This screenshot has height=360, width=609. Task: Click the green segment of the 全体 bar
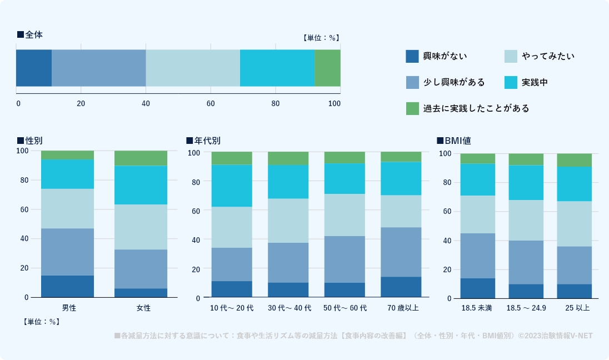[x=327, y=68]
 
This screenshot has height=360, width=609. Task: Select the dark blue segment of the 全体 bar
[x=33, y=68]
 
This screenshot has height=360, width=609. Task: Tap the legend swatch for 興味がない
[x=412, y=56]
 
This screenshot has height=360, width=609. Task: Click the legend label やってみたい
[x=548, y=56]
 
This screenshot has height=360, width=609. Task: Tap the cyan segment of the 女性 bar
[x=141, y=185]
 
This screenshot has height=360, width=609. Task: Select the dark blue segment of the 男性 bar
[x=67, y=286]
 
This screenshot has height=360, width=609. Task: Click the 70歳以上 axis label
[x=401, y=307]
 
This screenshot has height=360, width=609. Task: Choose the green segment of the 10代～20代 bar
[x=232, y=158]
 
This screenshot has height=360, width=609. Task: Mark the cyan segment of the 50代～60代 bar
[x=345, y=178]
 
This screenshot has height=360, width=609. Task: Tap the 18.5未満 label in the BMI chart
[x=477, y=307]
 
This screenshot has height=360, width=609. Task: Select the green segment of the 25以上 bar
[x=574, y=160]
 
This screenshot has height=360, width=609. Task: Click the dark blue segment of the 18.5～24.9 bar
[x=526, y=291]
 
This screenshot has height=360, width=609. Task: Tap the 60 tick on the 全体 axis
[x=211, y=103]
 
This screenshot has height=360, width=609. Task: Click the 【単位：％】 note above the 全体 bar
[x=321, y=38]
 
